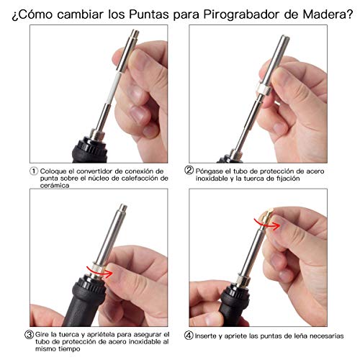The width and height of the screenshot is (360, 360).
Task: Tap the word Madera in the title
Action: (325, 14)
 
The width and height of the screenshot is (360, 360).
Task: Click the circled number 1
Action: (34, 171)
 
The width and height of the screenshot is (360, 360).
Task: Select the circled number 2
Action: (189, 170)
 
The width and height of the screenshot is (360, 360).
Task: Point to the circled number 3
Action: (29, 334)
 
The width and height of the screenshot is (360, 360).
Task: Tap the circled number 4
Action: (189, 336)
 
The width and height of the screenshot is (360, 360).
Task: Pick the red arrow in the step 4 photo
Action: (267, 223)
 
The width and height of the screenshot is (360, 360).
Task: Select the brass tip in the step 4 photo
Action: (266, 217)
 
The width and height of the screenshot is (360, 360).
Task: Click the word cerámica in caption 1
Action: (55, 186)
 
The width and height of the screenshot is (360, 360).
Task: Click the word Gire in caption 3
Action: (42, 334)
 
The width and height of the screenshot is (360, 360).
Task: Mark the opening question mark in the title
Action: (15, 16)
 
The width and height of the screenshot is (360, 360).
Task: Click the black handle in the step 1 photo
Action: (89, 150)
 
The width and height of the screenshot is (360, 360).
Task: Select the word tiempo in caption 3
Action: (68, 348)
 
